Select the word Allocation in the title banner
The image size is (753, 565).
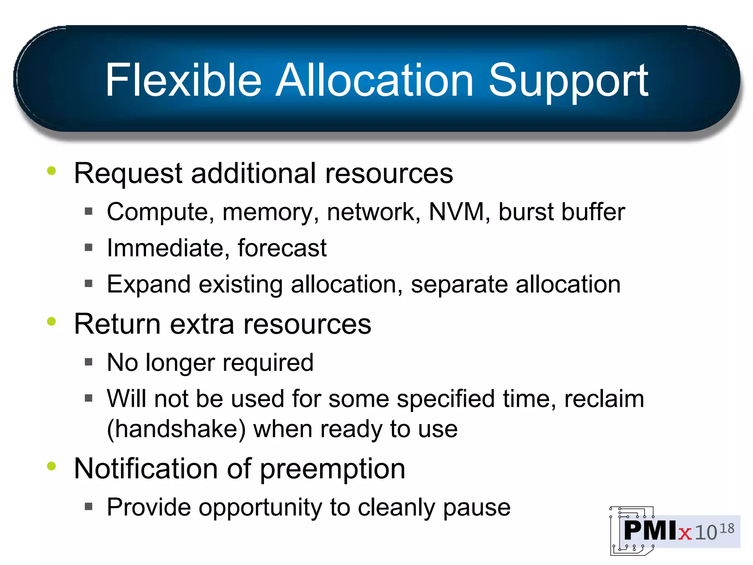pyautogui.click(x=374, y=80)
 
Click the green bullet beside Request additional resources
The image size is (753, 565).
pyautogui.click(x=51, y=171)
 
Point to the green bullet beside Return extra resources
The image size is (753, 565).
pyautogui.click(x=51, y=321)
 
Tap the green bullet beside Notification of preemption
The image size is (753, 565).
pyautogui.click(x=51, y=466)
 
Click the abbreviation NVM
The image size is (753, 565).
pyautogui.click(x=456, y=212)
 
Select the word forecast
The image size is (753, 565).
pyautogui.click(x=282, y=248)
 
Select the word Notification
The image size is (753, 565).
pyautogui.click(x=146, y=469)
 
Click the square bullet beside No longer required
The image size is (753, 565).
pyautogui.click(x=89, y=362)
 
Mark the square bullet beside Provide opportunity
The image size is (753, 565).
pyautogui.click(x=89, y=507)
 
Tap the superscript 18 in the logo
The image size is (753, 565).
pyautogui.click(x=727, y=529)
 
